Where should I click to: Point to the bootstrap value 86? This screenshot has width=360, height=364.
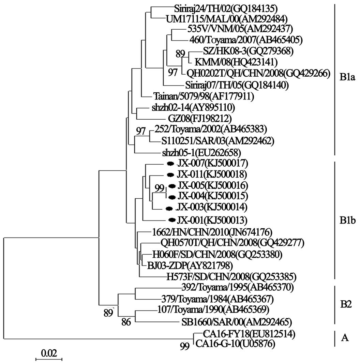[126, 321]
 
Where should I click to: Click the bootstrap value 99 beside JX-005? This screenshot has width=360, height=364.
[160, 188]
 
